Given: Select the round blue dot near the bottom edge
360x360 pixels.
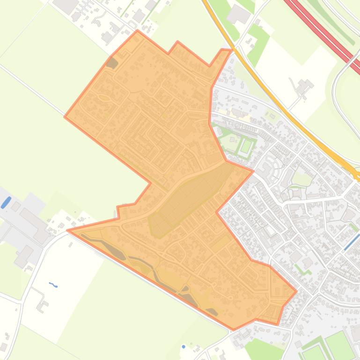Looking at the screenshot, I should [184, 347].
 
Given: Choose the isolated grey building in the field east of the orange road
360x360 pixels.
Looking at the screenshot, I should [303, 86].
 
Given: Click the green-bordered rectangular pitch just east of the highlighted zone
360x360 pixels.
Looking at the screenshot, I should [246, 146].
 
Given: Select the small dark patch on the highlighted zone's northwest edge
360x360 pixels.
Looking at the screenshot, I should [111, 63].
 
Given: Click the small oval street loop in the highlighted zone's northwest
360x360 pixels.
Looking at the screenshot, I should [103, 98].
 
